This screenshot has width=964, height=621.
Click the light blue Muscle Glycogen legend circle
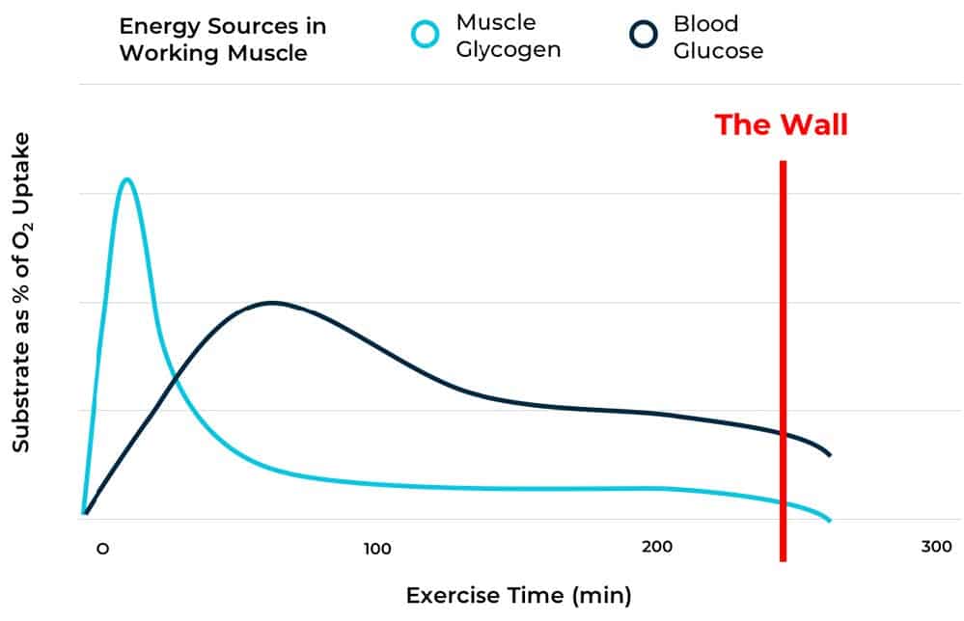[425, 35]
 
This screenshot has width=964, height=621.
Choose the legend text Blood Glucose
[718, 36]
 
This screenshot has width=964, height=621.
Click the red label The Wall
[781, 124]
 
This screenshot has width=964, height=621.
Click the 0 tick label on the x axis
[101, 548]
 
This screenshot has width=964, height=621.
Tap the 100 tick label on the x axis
[377, 548]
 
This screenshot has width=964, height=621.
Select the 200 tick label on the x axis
[656, 548]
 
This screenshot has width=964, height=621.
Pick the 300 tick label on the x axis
[935, 548]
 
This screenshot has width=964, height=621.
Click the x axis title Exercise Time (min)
[518, 594]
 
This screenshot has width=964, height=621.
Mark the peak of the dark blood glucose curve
[271, 302]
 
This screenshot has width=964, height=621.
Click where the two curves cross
[175, 382]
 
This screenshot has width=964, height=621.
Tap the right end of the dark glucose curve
[830, 455]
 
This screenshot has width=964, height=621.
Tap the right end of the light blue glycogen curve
[829, 521]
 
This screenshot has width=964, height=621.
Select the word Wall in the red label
[815, 124]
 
